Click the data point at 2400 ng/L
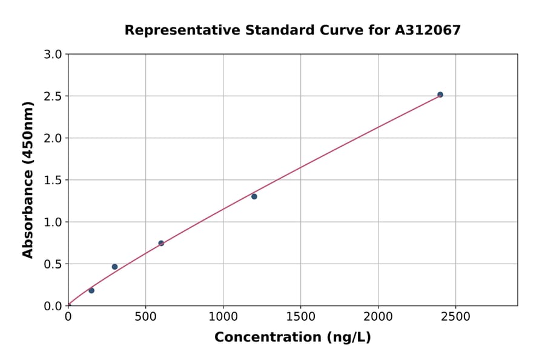point(440,95)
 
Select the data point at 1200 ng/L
point(254,196)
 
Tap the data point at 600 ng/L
point(161,243)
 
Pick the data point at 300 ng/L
point(114,267)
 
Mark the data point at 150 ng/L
point(91,290)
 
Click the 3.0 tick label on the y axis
point(53,55)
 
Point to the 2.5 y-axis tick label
point(53,96)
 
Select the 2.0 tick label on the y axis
point(53,138)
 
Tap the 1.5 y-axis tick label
point(53,180)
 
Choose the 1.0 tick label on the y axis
point(53,222)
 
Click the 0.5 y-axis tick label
point(53,264)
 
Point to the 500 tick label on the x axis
point(145,317)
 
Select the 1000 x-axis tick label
point(223,317)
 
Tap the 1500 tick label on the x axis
point(300,317)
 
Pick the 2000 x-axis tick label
point(378,317)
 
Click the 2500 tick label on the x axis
point(455,317)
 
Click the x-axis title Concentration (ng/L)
point(292,337)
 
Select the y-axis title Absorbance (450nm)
point(28,179)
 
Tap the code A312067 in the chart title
point(428,30)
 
